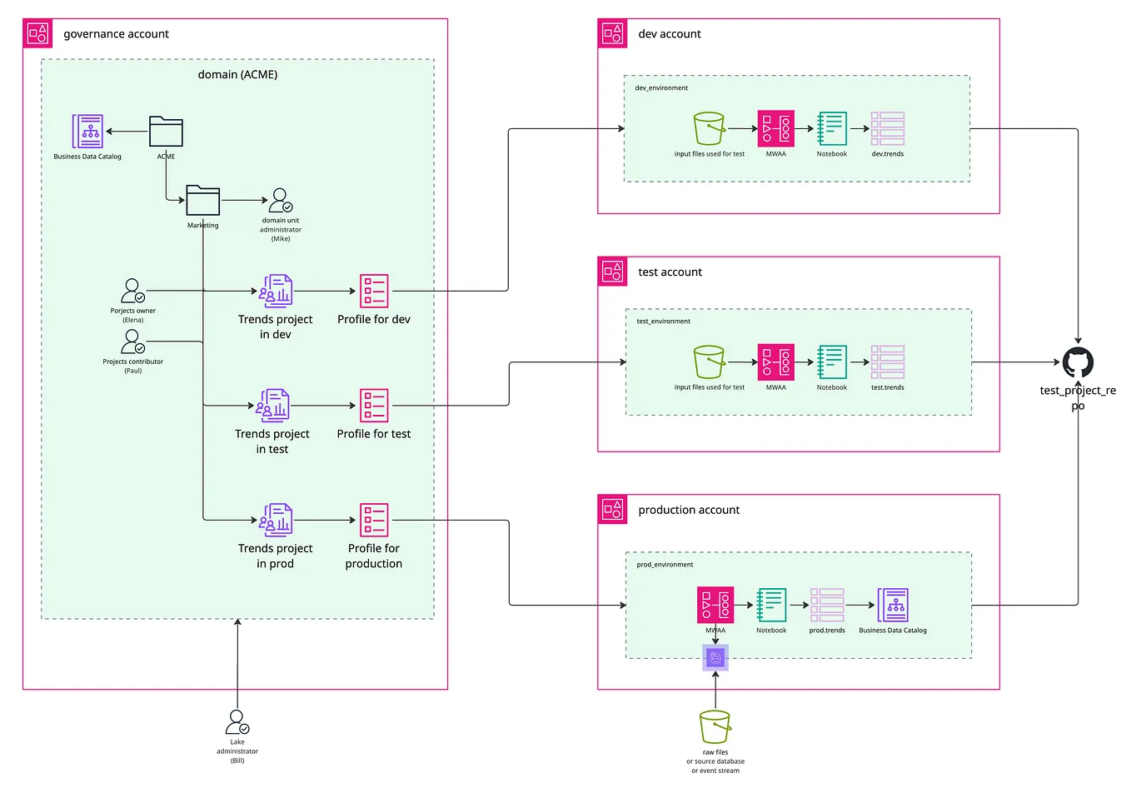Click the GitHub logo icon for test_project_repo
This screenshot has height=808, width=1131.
1078,362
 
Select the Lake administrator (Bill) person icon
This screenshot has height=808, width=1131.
237,721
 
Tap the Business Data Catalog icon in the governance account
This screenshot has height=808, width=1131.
87,132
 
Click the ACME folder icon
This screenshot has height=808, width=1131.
166,132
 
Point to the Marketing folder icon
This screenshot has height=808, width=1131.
202,201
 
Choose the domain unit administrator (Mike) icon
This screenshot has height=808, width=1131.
281,201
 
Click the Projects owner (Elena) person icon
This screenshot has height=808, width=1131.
132,291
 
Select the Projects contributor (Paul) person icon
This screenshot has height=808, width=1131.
132,342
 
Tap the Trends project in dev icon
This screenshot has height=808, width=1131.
276,291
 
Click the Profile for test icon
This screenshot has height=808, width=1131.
374,406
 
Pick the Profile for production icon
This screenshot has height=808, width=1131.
374,520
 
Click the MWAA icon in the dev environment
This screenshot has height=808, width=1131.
775,128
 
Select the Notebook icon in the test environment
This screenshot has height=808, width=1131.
831,362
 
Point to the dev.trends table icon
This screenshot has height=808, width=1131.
887,128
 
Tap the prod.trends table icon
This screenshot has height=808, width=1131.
827,605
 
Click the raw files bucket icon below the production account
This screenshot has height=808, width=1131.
715,726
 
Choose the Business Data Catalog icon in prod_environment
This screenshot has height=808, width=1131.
893,605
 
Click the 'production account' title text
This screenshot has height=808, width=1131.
689,510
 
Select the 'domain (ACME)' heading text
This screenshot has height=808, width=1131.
237,74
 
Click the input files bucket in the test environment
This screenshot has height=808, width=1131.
710,362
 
